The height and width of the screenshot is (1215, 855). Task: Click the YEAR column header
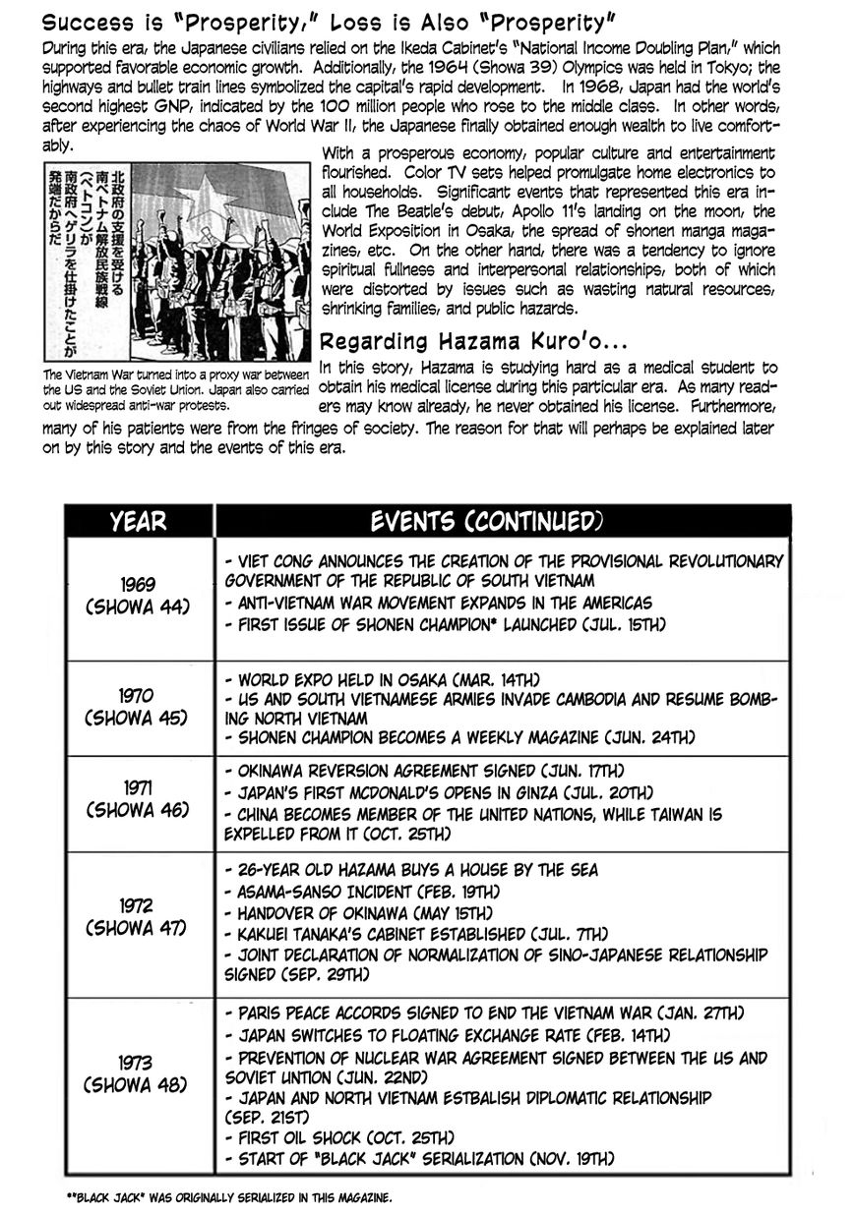(139, 521)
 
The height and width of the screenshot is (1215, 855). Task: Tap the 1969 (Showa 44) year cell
(139, 594)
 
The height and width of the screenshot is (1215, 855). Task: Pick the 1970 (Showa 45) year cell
(139, 706)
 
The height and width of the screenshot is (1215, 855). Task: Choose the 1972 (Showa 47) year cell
(139, 916)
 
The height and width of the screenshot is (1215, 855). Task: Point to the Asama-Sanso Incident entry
(362, 892)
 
